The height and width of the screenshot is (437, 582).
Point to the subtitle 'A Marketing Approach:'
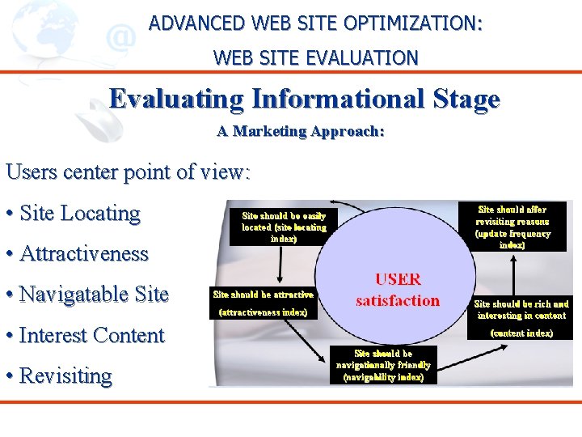click(x=300, y=131)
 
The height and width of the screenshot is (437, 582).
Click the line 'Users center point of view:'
click(x=128, y=172)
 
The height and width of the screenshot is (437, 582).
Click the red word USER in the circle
click(x=398, y=280)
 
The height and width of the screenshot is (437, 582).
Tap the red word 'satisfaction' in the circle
click(x=398, y=301)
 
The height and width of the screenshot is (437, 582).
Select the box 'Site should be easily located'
click(x=283, y=227)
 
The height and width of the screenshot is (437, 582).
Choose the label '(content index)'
click(x=522, y=333)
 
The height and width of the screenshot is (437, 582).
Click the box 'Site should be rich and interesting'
click(x=521, y=309)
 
